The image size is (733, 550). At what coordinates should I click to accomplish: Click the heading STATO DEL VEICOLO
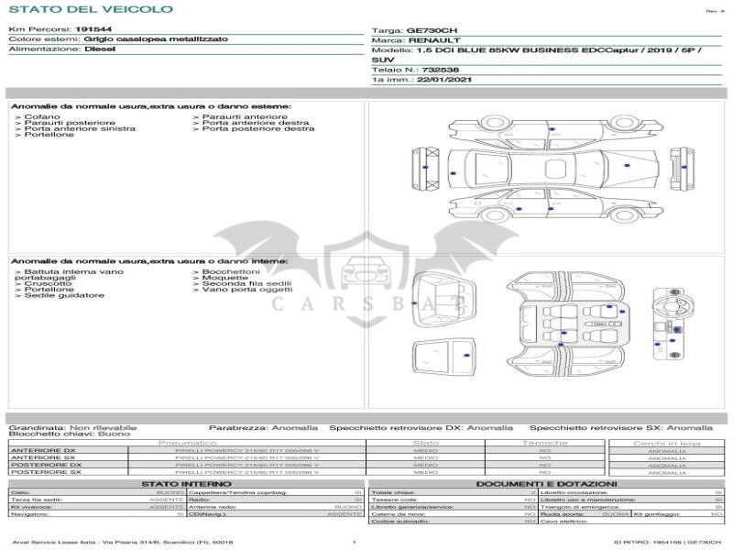(x=91, y=9)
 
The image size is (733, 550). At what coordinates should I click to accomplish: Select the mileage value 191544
(x=93, y=29)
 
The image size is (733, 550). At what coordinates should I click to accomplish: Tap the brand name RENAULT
(x=434, y=40)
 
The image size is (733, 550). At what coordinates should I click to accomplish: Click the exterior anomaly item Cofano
(x=42, y=117)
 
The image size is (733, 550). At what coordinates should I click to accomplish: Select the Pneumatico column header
(x=187, y=443)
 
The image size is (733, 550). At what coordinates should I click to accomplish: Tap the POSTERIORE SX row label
(x=44, y=472)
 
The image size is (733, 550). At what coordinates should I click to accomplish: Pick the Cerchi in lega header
(x=666, y=443)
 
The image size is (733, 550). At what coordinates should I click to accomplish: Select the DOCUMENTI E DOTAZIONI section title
(x=546, y=484)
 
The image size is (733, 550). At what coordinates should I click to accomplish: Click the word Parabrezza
(x=237, y=427)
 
